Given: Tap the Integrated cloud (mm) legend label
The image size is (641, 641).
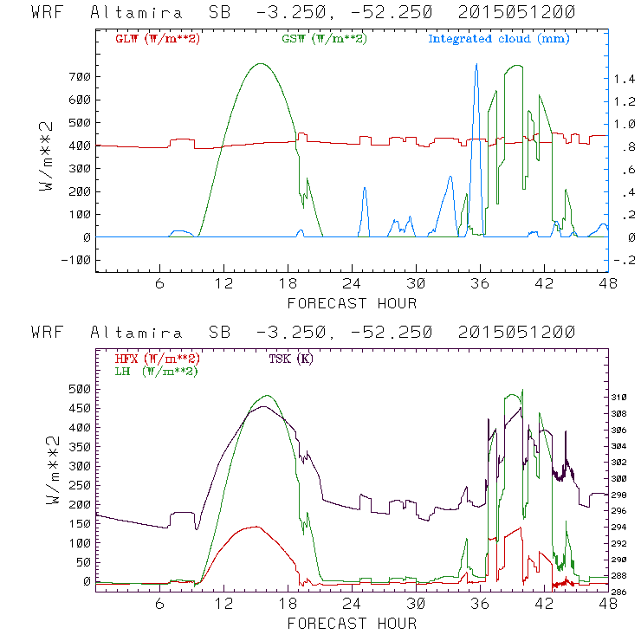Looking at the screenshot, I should point(499,39).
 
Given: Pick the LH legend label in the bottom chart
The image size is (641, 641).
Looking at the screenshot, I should point(156,371).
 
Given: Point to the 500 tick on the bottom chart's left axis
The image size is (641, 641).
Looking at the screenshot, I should point(79,389).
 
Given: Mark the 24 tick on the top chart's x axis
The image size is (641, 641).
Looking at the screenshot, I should point(352,283).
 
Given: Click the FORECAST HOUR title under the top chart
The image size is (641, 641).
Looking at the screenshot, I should point(352,303).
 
